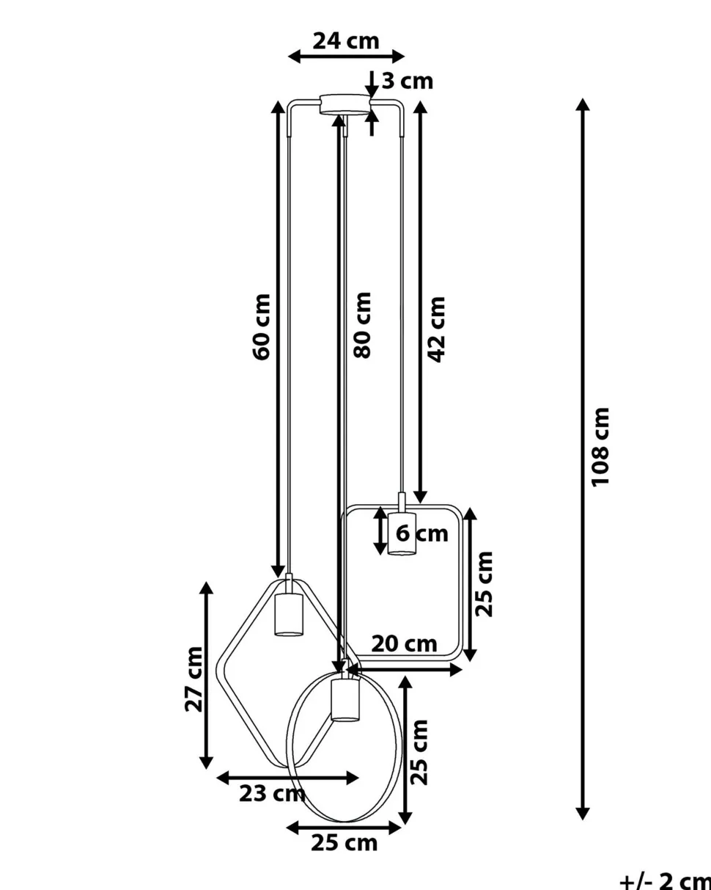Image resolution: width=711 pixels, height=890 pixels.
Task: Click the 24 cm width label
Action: coord(346,41)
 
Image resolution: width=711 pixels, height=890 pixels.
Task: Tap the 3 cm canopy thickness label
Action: coord(407,81)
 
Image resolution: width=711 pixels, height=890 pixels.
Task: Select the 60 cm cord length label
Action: coord(262,327)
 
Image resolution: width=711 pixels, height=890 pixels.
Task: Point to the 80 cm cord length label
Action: coord(363,325)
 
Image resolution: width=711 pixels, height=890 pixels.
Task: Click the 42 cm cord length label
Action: coord(437,329)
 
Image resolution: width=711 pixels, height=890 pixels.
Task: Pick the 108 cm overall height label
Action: coord(601,446)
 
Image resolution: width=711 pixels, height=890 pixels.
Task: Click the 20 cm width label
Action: coord(404,644)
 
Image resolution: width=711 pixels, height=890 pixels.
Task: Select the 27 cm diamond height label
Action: coord(194,679)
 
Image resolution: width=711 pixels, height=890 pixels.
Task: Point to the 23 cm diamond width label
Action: coord(272,793)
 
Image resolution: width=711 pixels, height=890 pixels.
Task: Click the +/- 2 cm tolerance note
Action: coord(664,880)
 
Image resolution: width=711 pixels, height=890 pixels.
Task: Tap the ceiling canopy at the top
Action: coord(345,103)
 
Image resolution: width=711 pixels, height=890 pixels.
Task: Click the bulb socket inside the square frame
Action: coord(402,533)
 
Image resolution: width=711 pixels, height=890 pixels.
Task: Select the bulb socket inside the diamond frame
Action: coord(288,614)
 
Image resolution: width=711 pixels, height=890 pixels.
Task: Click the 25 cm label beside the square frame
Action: coord(484,583)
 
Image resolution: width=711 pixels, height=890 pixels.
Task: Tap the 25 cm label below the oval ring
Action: coord(345,843)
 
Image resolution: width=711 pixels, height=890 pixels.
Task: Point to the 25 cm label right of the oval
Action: coord(420,752)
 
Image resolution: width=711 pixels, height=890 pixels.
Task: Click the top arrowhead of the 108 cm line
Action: coord(583,103)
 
